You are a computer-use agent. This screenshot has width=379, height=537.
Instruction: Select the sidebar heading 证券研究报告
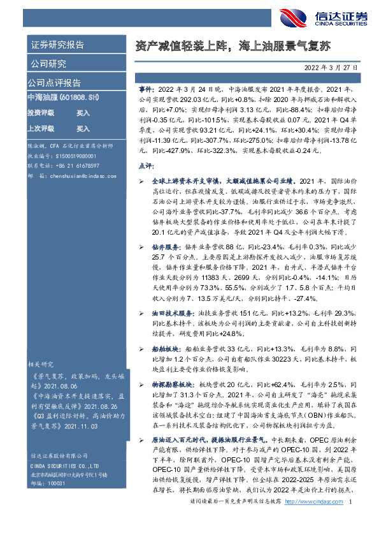click(x=57, y=46)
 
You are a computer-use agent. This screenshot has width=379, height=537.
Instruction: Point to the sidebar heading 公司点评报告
click(x=54, y=83)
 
